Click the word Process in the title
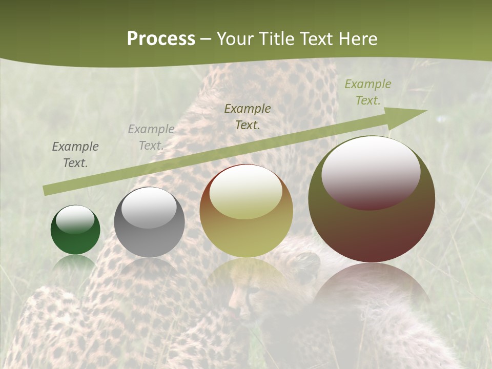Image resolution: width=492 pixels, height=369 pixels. click(x=161, y=38)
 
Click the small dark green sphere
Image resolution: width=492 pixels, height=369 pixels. click(x=75, y=241)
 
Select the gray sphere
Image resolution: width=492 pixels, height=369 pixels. click(x=149, y=238)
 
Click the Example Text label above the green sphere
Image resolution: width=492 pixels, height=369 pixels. click(x=75, y=155)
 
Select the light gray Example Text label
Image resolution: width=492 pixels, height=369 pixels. click(x=151, y=137)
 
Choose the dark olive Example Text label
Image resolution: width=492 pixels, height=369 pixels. click(x=248, y=116)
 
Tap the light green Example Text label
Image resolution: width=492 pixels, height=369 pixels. click(x=367, y=92)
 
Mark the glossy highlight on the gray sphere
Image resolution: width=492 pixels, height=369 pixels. click(x=149, y=208)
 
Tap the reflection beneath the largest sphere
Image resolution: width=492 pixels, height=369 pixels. click(x=372, y=292)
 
